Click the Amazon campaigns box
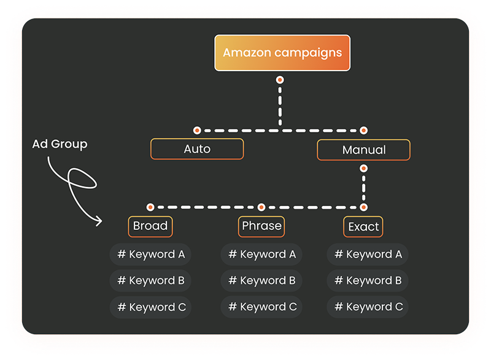pos(282,53)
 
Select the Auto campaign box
pos(197,149)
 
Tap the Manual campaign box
pos(363,150)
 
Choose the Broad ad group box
pos(150,226)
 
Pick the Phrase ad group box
pos(261,226)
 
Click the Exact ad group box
pos(363,227)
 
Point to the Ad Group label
pos(60,145)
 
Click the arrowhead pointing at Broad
pos(98,221)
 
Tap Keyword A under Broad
pos(150,255)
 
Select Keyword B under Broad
pos(150,281)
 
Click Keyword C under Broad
pos(150,307)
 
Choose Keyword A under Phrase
pos(261,255)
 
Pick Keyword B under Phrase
pos(261,281)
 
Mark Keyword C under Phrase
pos(261,307)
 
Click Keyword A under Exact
pos(368,255)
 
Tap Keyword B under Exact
pos(368,281)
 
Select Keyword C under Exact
pos(368,307)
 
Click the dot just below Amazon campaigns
pos(280,80)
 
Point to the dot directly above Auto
pos(197,130)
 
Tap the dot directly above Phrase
pos(261,207)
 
